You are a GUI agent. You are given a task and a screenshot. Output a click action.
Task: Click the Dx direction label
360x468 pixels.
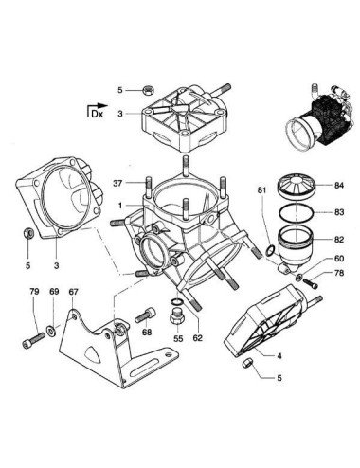[98, 114]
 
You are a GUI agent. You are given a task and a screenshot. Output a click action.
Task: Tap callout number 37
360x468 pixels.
[118, 183]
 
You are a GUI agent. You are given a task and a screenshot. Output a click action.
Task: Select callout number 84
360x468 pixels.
[339, 186]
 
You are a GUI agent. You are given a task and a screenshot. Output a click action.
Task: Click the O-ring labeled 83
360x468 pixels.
[297, 213]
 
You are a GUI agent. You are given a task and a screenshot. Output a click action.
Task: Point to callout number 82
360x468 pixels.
[339, 240]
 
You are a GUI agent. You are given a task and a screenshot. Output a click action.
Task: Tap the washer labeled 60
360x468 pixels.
[298, 278]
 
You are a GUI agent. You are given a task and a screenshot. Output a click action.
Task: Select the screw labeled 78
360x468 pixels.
[311, 282]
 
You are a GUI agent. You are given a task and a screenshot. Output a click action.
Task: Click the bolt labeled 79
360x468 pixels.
[33, 340]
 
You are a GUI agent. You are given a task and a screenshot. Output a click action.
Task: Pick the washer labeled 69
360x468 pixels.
[51, 331]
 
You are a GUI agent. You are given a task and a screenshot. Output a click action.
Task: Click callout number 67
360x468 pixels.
[73, 292]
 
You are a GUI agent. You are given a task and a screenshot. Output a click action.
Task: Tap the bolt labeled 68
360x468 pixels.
[145, 315]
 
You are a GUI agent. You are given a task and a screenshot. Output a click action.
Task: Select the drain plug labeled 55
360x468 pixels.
[176, 317]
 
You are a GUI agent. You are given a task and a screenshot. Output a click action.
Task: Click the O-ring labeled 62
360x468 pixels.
[177, 301]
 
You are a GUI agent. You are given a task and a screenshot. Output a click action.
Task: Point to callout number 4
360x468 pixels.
[279, 356]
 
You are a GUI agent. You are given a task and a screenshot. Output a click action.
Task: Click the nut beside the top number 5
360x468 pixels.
[147, 90]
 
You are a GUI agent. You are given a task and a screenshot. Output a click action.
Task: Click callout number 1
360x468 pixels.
[120, 206]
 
